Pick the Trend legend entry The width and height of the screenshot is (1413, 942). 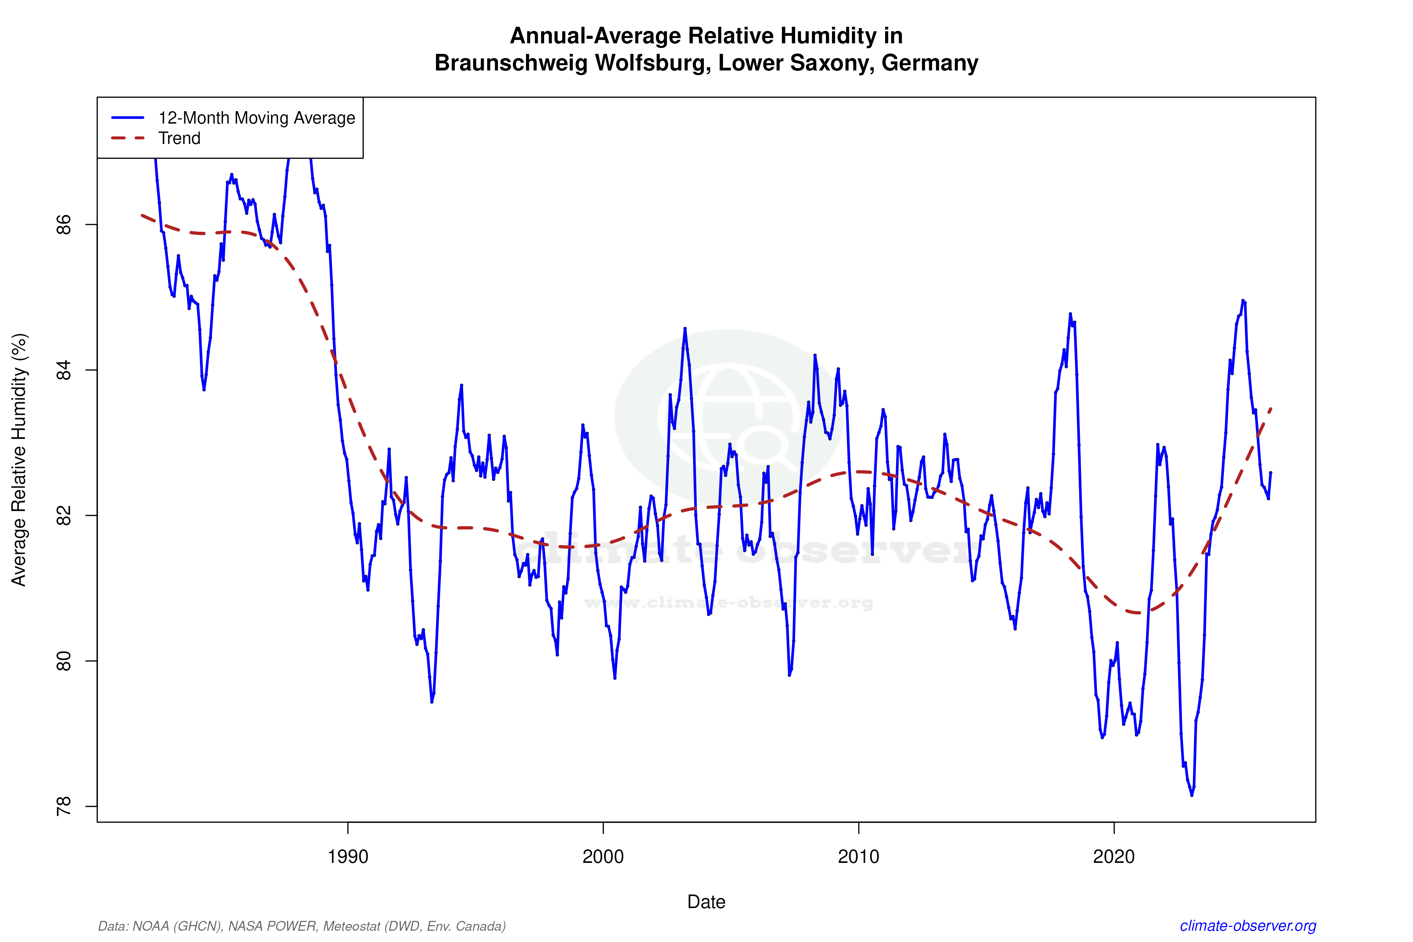(x=179, y=138)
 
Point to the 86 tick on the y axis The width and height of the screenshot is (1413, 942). (x=63, y=225)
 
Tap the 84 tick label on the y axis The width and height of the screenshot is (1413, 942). (x=63, y=370)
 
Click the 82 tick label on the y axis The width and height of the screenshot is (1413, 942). (x=63, y=515)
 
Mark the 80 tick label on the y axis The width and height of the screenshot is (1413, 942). (x=63, y=661)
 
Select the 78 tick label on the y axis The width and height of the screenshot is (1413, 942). (x=63, y=806)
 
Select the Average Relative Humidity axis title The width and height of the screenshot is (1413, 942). (x=19, y=460)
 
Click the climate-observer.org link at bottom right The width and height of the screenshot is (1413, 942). (x=1248, y=926)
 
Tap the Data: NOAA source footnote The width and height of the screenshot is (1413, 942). (x=301, y=926)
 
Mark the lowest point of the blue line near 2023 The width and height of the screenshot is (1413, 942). (x=1192, y=795)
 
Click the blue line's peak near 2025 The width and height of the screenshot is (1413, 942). (x=1242, y=300)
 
